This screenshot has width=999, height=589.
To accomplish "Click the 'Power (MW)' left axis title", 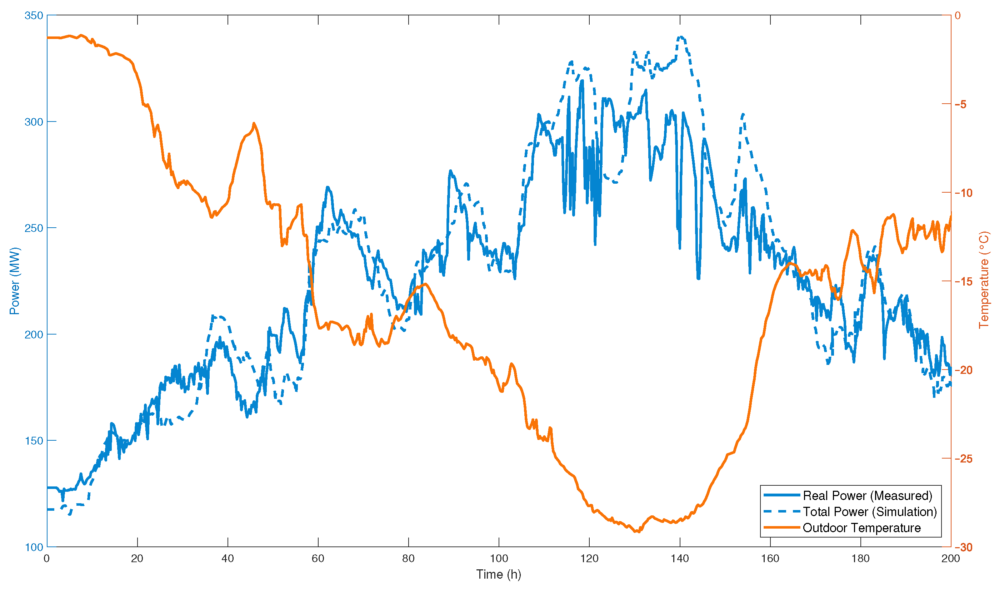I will coord(15,281).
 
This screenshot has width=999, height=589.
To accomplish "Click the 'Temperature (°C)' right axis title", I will coord(984,281).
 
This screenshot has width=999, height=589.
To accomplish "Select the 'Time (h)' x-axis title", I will coord(499,574).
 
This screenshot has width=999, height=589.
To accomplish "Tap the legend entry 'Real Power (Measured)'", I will coord(867,496).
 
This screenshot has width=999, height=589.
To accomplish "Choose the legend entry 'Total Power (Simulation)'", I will coord(870,512).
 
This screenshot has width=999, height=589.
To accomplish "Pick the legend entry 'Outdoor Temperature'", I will coord(861,528).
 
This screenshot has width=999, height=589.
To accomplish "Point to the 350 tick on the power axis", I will coord(33,16).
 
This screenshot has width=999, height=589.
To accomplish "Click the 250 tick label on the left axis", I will coord(33,228).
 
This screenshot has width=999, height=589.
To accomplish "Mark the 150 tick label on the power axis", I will coord(33,441).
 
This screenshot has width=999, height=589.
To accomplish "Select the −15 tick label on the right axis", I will coord(963,282).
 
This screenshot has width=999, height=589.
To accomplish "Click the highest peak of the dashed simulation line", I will coord(681,37).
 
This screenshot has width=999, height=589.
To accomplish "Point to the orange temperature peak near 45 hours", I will coord(254,123).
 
